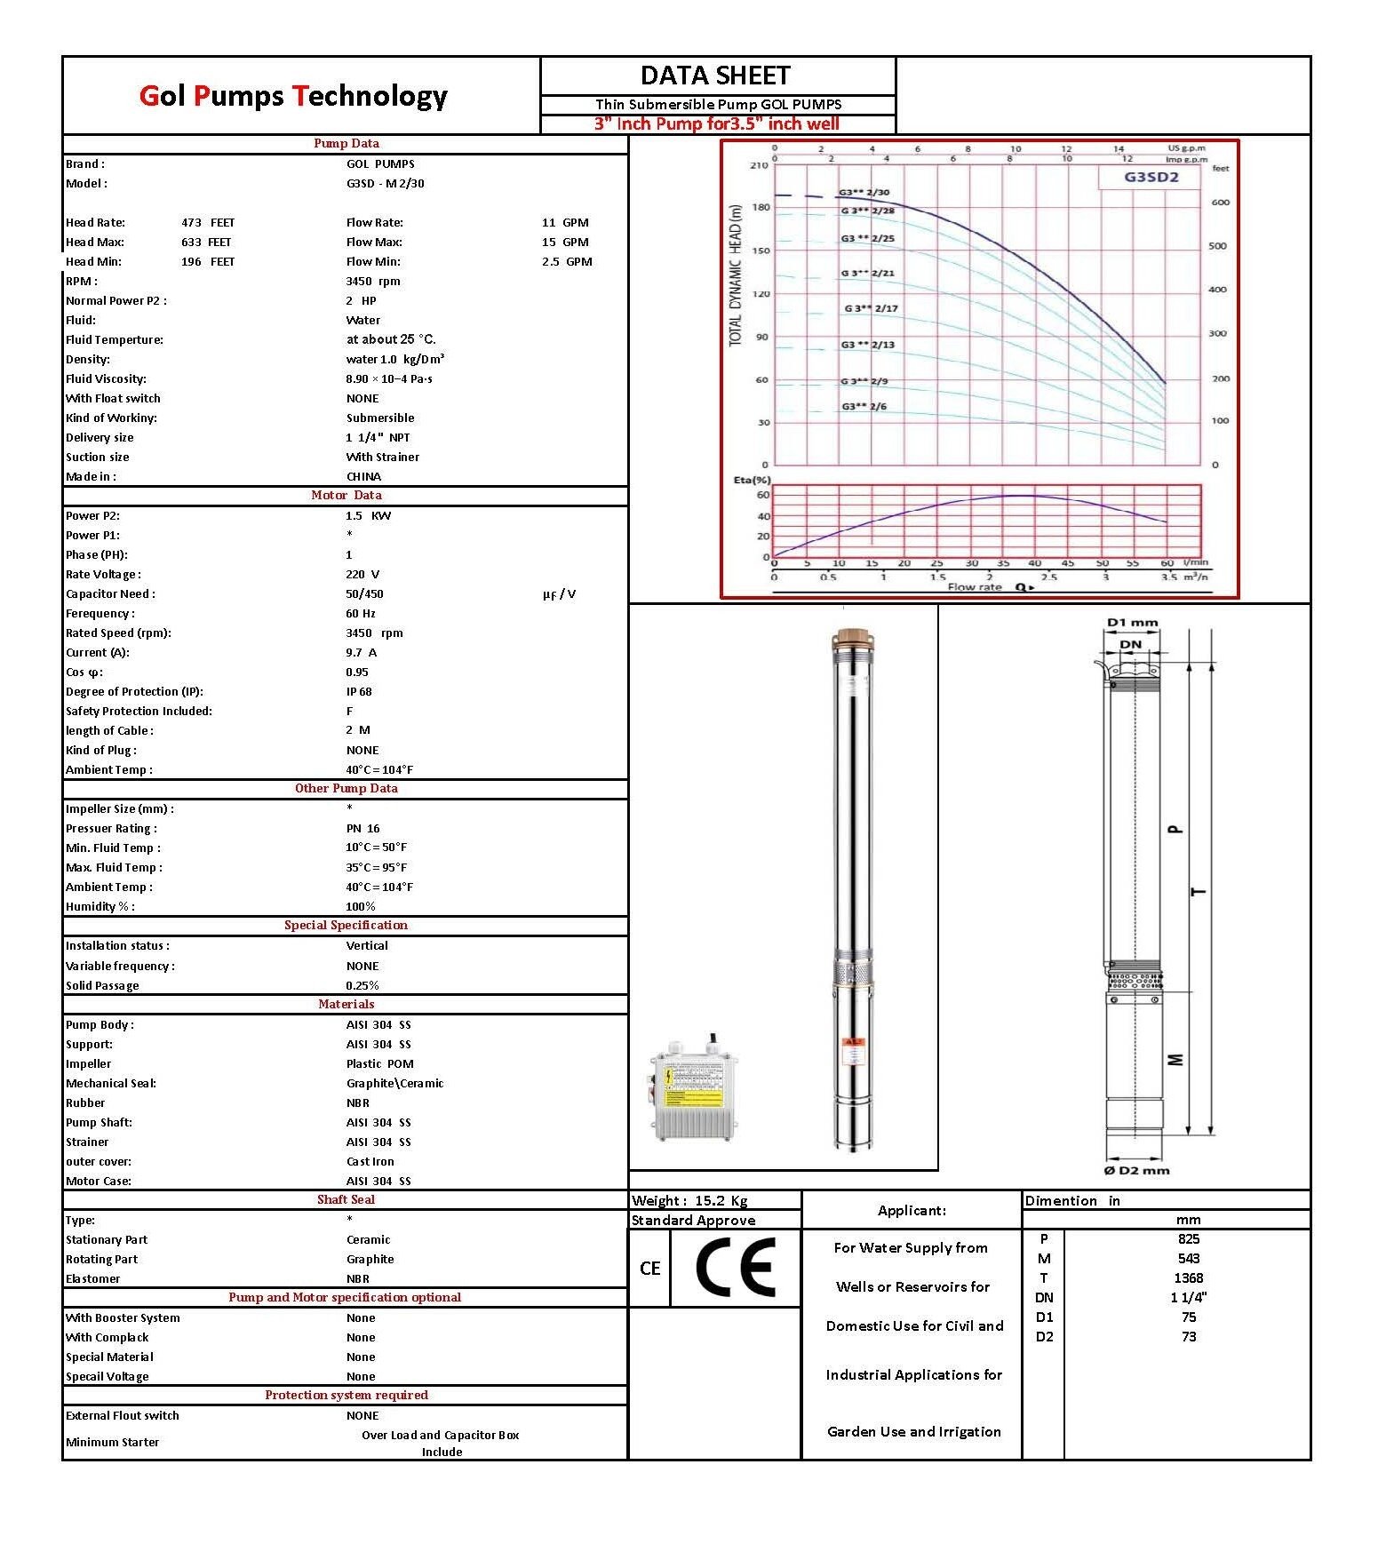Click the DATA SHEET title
715,76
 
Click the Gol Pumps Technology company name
293,96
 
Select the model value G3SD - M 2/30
386,184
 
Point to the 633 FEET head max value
206,243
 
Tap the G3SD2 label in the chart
1151,176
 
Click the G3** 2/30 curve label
864,192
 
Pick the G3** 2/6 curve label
864,407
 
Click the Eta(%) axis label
752,480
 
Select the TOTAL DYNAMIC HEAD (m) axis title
735,276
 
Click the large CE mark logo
734,1267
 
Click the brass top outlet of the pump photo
854,639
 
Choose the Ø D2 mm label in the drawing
1136,1170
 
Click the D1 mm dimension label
1132,623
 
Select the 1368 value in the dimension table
1188,1278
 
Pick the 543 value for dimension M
1188,1259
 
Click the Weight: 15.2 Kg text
689,1201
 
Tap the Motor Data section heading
346,496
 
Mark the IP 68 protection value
359,692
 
